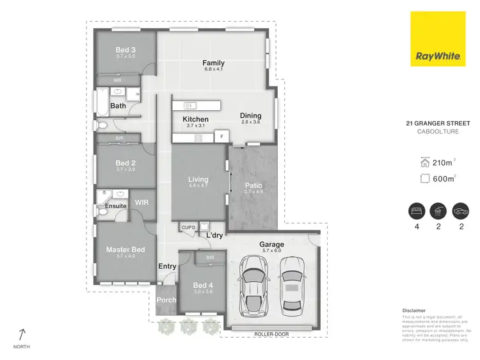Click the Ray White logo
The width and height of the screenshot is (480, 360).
click(x=438, y=40)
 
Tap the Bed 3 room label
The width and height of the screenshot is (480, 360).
click(x=126, y=50)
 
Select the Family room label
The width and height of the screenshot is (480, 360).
click(x=213, y=63)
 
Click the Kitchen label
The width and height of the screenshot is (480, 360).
click(x=195, y=119)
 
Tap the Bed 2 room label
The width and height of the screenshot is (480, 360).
click(x=126, y=163)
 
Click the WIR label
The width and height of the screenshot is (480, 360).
click(x=142, y=202)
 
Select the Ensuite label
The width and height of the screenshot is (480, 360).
click(x=116, y=206)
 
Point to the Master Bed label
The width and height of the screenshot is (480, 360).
click(x=125, y=249)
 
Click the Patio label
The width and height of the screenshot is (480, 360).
click(x=253, y=186)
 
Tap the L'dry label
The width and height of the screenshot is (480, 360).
click(x=214, y=235)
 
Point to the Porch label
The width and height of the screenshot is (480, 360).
click(x=166, y=299)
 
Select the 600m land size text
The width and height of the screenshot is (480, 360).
click(x=442, y=178)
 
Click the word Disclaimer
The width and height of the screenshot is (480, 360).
click(x=413, y=310)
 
